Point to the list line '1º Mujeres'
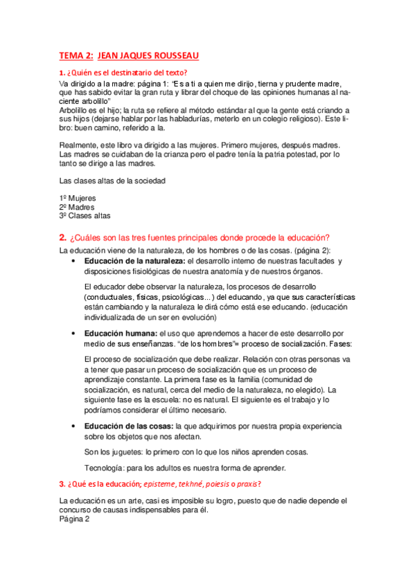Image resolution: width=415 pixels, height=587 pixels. pyautogui.click(x=78, y=198)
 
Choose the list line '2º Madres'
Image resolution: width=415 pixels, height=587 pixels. pyautogui.click(x=77, y=207)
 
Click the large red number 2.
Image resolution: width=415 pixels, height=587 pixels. pyautogui.click(x=63, y=237)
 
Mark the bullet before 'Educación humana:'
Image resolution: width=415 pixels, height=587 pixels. pyautogui.click(x=74, y=334)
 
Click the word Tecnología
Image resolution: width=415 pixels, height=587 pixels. pyautogui.click(x=104, y=468)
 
